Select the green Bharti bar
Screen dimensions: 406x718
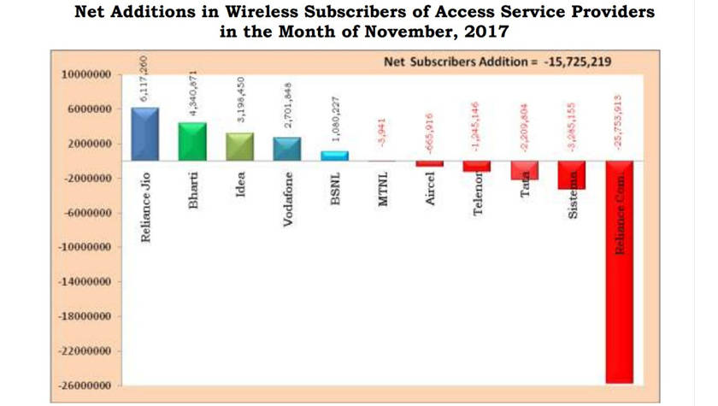[x=192, y=142]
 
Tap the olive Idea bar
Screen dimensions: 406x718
[x=239, y=147]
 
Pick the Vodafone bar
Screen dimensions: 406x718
[x=287, y=149]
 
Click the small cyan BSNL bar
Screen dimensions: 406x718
[x=334, y=156]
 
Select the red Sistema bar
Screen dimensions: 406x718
[x=572, y=175]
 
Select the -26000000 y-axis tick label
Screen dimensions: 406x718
[x=85, y=386]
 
